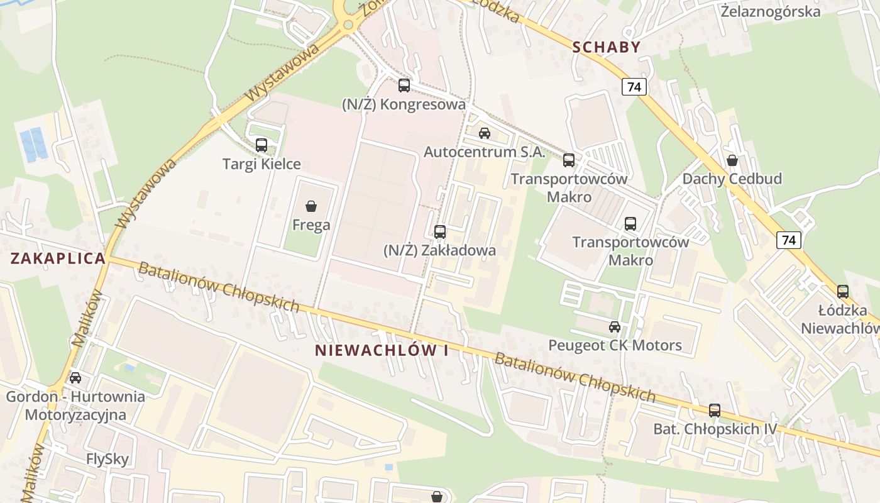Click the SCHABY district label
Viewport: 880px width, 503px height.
point(606,47)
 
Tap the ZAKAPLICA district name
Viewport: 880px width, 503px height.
point(58,258)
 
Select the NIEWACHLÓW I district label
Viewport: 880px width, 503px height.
point(382,351)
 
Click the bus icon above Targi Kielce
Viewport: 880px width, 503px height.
point(261,145)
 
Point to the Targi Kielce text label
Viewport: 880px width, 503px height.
point(261,164)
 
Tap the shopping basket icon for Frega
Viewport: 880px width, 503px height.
point(311,206)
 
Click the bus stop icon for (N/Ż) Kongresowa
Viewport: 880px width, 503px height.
point(404,86)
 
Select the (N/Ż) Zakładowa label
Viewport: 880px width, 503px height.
point(439,250)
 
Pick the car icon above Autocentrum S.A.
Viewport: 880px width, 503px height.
point(484,133)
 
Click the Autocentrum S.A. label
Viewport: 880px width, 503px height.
point(484,152)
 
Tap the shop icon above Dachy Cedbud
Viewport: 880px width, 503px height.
point(732,160)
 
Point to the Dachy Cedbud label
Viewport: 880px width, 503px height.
point(732,179)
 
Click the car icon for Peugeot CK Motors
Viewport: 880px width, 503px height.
point(615,327)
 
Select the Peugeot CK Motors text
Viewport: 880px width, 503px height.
point(615,345)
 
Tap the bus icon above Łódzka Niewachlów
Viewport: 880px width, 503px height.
point(842,292)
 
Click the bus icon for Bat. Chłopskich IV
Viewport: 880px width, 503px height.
point(715,411)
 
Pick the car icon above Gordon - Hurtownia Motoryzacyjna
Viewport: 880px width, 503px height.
point(75,378)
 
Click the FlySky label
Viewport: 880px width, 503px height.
point(107,459)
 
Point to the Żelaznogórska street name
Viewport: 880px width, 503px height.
point(771,12)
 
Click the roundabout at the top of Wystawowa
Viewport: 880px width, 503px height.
point(347,25)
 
